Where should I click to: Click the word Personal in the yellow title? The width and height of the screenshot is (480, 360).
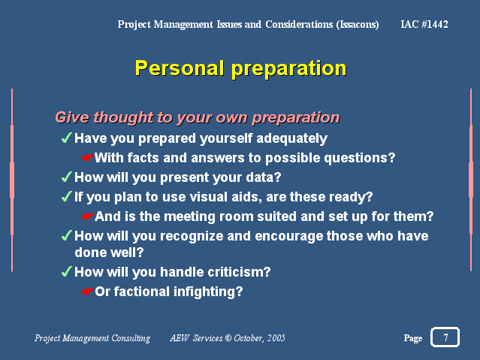point(180,68)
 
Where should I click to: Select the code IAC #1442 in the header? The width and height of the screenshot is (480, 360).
point(424,24)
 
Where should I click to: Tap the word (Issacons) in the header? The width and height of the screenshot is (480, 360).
point(358,25)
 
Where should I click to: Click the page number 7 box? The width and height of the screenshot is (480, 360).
point(445,337)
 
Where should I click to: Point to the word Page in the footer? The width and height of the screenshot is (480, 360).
point(413,338)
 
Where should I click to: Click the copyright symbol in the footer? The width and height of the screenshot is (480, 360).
point(228,338)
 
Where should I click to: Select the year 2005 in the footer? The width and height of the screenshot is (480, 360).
point(276,338)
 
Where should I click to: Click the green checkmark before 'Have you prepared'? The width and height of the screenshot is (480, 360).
point(66,138)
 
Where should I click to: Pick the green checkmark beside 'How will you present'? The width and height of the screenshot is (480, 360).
point(66,177)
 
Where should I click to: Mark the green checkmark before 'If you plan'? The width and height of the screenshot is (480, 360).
point(66,196)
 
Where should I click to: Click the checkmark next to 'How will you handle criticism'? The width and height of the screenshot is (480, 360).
point(66,271)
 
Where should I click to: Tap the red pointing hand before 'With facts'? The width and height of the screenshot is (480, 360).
point(88,158)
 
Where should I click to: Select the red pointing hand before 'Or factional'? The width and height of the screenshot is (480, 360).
point(88,292)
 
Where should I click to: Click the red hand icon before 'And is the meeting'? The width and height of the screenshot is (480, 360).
point(88,216)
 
